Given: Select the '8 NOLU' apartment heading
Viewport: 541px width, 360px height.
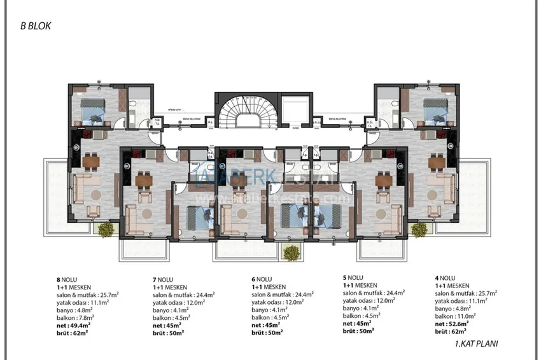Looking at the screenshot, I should click(x=67, y=278).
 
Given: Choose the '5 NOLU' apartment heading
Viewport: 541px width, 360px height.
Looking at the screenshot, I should click(x=354, y=277).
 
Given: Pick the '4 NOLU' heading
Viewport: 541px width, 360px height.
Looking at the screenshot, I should click(x=446, y=278).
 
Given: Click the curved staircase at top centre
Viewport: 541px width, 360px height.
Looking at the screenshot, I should click(x=244, y=114).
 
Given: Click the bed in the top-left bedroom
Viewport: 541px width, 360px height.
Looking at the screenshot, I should click(x=91, y=113).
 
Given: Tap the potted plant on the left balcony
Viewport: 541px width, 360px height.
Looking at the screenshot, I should click(x=104, y=228).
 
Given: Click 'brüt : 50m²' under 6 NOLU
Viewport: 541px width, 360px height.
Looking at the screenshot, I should click(x=267, y=333).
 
